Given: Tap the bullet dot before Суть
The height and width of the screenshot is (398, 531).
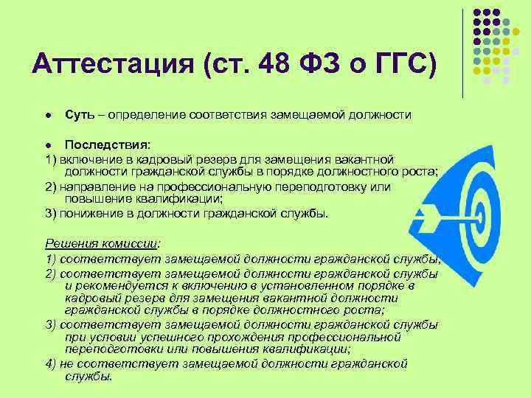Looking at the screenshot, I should (48, 116).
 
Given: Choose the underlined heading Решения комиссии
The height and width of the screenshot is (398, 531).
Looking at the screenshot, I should (103, 243).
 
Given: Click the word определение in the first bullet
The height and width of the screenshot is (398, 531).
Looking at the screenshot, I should (147, 116).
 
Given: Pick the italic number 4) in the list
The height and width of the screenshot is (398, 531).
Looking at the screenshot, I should (51, 363).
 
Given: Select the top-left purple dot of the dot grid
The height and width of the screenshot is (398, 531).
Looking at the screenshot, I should (476, 13).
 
